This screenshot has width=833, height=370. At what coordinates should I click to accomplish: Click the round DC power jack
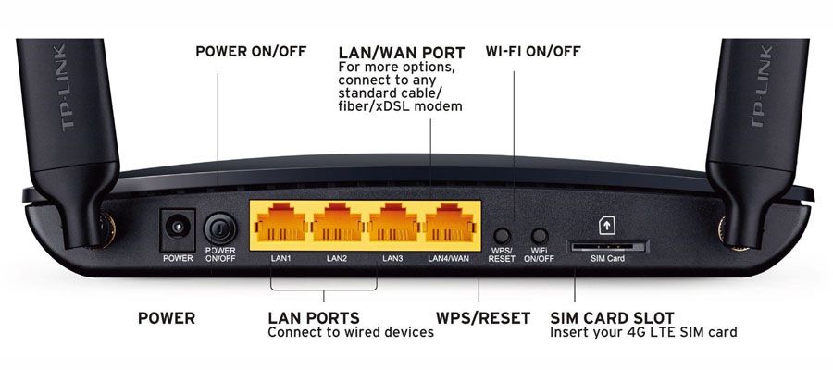pyautogui.click(x=177, y=228)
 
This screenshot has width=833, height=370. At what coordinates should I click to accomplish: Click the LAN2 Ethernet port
pyautogui.click(x=336, y=224)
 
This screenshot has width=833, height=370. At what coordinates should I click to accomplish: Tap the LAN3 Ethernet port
pyautogui.click(x=393, y=224)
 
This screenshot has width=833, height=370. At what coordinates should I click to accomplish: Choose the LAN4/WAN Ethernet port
pyautogui.click(x=450, y=224)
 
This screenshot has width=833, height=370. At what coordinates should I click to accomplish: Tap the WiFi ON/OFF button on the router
pyautogui.click(x=540, y=235)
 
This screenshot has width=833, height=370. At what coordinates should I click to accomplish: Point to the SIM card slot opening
pyautogui.click(x=609, y=247)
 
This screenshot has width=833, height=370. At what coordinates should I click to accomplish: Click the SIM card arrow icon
pyautogui.click(x=606, y=225)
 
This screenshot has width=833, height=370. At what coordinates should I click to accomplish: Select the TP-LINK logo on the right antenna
pyautogui.click(x=763, y=88)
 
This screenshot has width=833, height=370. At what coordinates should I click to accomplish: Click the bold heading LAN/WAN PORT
pyautogui.click(x=402, y=53)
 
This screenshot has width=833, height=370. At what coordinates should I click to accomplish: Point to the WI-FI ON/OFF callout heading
pyautogui.click(x=533, y=52)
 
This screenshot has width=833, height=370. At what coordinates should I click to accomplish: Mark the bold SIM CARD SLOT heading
pyautogui.click(x=612, y=318)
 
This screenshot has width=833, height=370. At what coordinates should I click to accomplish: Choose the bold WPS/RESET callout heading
pyautogui.click(x=483, y=318)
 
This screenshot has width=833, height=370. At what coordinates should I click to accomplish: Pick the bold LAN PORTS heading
pyautogui.click(x=314, y=318)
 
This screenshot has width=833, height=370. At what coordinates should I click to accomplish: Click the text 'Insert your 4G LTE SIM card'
pyautogui.click(x=643, y=333)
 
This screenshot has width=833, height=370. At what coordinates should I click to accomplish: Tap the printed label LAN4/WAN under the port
pyautogui.click(x=449, y=258)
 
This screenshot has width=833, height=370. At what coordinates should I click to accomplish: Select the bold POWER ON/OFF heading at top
pyautogui.click(x=251, y=52)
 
